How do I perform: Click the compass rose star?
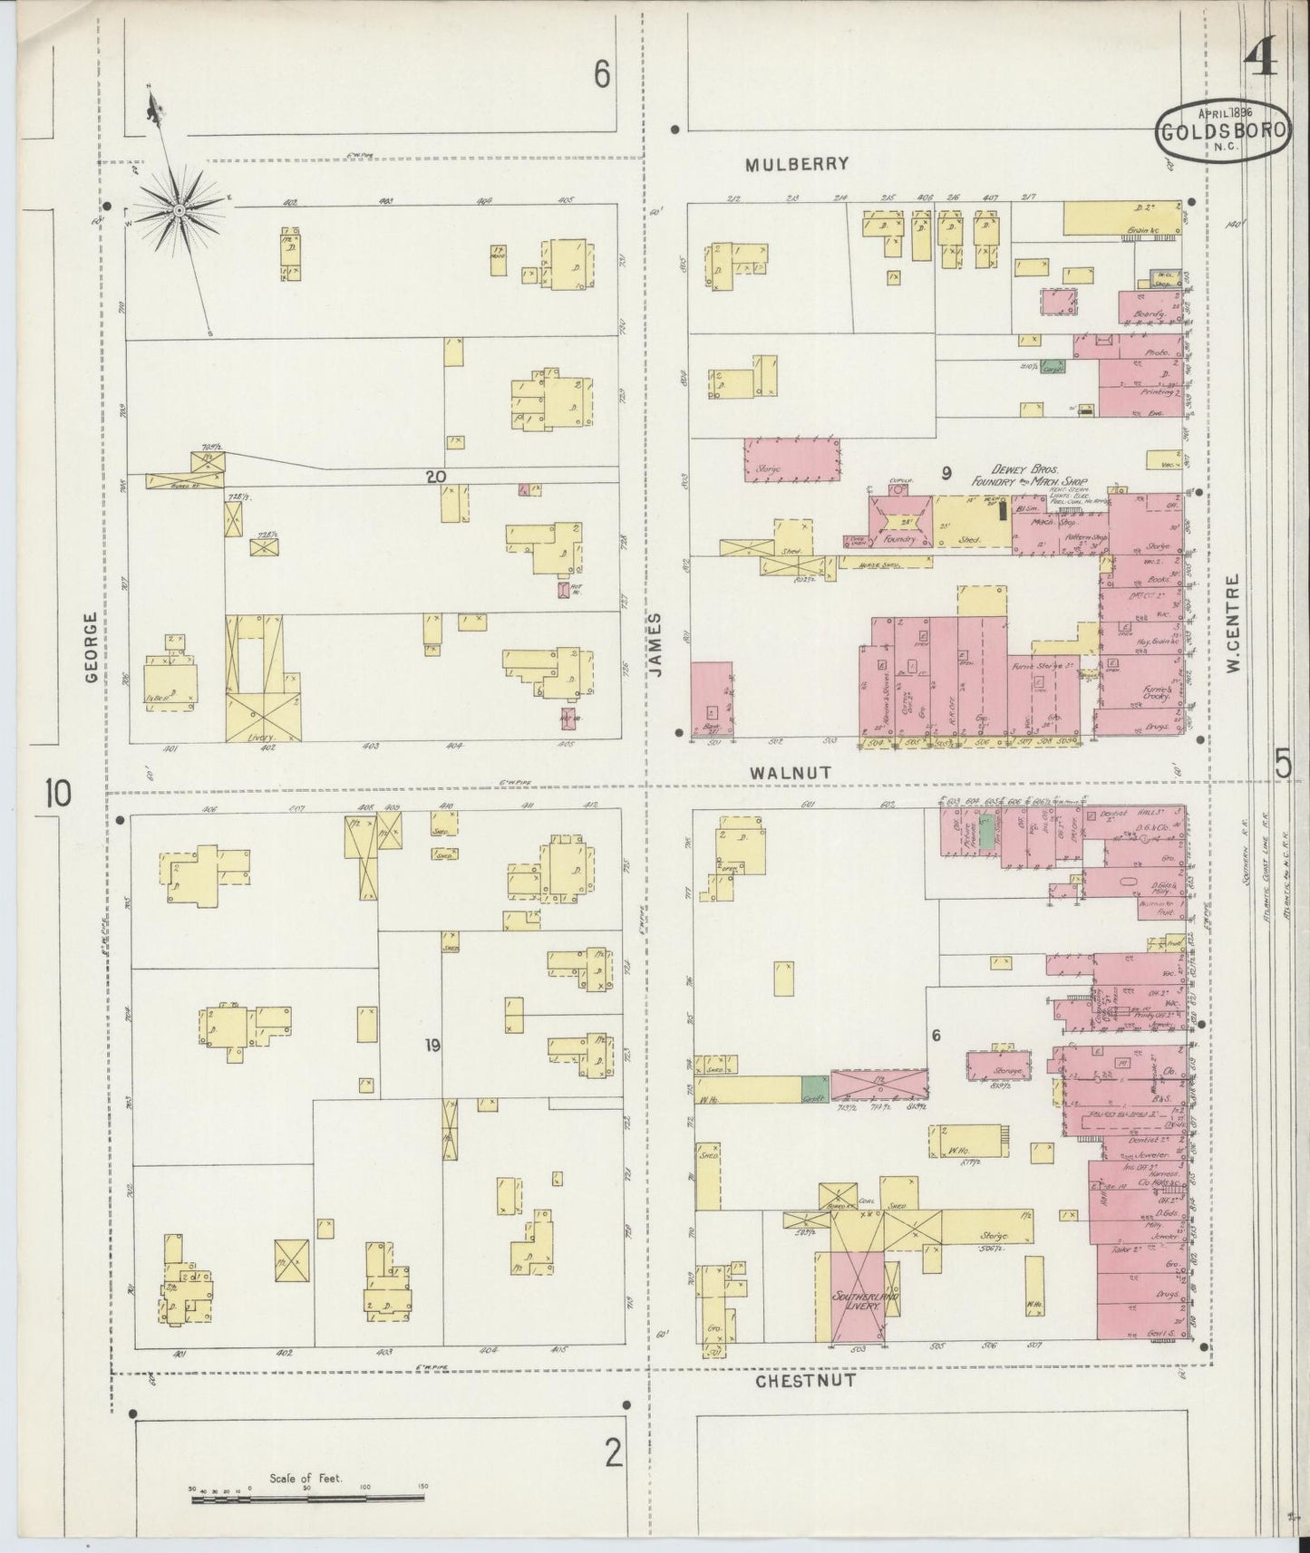pyautogui.click(x=179, y=210)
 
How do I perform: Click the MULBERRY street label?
pyautogui.click(x=797, y=164)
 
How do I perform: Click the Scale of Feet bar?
pyautogui.click(x=308, y=1500)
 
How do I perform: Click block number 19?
pyautogui.click(x=432, y=1046)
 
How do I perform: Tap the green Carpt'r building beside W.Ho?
pyautogui.click(x=815, y=1090)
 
